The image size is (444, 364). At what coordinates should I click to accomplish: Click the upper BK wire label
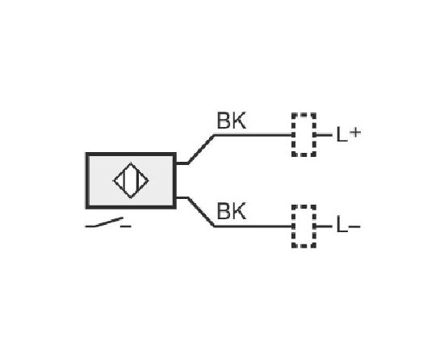pos(232,121)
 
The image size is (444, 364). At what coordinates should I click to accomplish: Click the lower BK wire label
pos(232,211)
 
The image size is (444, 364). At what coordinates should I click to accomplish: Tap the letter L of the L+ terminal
pos(341,134)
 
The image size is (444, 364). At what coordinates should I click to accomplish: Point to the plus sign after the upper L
pos(355,132)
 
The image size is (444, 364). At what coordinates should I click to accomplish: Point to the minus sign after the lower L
pos(354,226)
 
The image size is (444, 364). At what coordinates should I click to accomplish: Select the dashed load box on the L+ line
pos(304,134)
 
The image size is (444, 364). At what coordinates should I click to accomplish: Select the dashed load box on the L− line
pos(304,226)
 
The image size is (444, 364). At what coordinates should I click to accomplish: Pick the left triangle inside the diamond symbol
pos(119,180)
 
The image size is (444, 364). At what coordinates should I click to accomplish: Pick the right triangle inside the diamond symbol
pos(142,180)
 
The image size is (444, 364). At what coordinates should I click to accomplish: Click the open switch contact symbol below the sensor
pos(108,223)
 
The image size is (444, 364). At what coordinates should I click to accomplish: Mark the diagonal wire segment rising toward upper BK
pos(201,149)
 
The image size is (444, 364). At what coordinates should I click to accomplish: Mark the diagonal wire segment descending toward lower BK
pos(201,212)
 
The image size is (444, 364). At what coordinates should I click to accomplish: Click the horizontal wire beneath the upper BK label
pos(253,135)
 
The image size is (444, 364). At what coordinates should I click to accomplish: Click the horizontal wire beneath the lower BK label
pos(253,226)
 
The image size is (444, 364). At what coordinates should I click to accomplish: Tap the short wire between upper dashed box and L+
pos(324,135)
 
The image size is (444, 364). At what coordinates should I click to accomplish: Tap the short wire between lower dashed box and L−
pos(324,226)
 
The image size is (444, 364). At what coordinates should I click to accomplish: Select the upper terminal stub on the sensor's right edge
pos(182,163)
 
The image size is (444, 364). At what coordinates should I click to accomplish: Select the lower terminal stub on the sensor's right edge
pos(182,197)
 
